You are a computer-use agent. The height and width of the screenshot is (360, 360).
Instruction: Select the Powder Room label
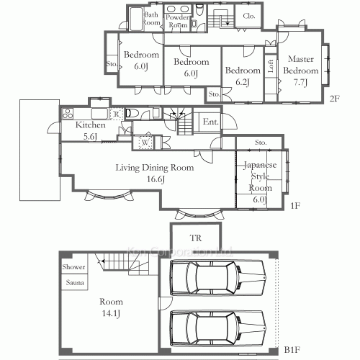(177, 21)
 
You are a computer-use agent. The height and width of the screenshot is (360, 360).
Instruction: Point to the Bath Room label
(151, 19)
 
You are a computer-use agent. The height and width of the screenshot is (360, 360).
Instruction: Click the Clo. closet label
(250, 16)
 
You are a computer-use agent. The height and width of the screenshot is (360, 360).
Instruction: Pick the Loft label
(271, 66)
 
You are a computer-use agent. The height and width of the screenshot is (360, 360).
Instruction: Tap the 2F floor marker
(333, 98)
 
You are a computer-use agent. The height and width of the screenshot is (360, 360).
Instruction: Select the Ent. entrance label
(210, 122)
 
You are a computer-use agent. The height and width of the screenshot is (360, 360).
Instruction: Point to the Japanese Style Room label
(260, 176)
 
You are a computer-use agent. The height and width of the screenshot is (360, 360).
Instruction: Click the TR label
(195, 238)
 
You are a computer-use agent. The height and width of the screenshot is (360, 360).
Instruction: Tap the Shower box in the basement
(73, 267)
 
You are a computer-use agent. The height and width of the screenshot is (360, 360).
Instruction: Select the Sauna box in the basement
(73, 282)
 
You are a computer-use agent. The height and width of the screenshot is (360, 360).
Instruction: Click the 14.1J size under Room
(111, 313)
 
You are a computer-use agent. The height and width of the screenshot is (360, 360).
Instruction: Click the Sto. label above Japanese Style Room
(260, 143)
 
